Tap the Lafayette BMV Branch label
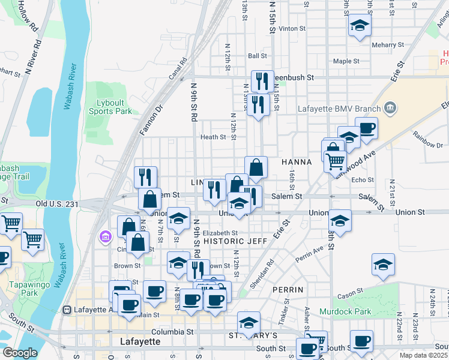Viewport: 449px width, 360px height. pos(339,109)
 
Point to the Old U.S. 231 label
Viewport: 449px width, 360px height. pos(57,204)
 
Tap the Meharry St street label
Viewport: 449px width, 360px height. pos(387,45)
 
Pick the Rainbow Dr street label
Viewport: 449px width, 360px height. pos(427,144)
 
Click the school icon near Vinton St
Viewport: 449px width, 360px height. pos(360,26)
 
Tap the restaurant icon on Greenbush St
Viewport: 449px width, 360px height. pos(262,82)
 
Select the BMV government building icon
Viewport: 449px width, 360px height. pos(390,108)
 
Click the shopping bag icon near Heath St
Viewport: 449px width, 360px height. pos(256,167)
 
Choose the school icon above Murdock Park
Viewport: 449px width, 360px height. pos(383,265)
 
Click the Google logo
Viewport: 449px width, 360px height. pos(19,353)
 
